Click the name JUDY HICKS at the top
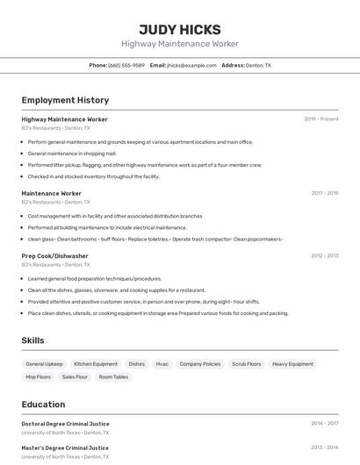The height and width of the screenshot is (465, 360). tap(180, 29)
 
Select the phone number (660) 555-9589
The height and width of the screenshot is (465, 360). tap(126, 65)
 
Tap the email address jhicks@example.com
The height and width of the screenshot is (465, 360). tap(191, 65)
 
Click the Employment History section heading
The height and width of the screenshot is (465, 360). tap(65, 100)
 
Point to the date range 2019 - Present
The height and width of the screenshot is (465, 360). tap(320, 119)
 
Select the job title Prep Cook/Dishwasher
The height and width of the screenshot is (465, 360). tap(55, 256)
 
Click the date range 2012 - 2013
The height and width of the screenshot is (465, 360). tap(324, 256)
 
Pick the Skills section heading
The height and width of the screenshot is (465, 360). tap(33, 340)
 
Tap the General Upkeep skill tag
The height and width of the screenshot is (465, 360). tap(44, 364)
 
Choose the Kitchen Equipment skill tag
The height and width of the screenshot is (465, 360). tap(96, 364)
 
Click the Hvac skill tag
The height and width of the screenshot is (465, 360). tap(162, 364)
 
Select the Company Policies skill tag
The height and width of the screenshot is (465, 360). tap(200, 364)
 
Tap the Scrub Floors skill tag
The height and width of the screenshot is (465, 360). tap(247, 364)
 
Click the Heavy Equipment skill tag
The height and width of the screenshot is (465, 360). tap(292, 364)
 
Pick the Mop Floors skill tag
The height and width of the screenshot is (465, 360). tap(38, 377)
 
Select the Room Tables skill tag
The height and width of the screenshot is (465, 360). tap(113, 377)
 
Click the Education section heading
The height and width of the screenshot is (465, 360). tap(44, 404)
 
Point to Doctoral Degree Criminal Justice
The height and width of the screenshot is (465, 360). tap(66, 424)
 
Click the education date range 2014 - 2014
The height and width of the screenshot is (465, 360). tap(324, 424)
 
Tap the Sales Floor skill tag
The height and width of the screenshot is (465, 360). tap(75, 377)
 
